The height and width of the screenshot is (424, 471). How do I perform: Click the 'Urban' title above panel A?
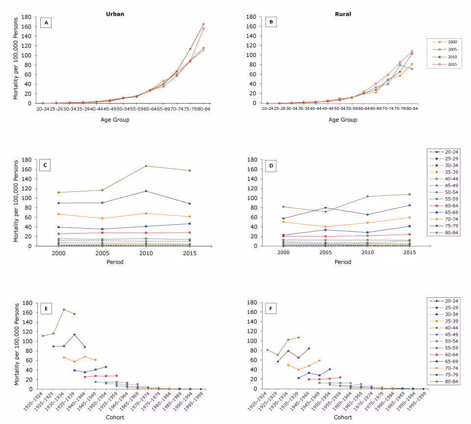[115, 14]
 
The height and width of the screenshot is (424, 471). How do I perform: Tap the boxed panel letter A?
[47, 23]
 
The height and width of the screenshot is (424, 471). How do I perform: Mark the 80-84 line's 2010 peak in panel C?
[146, 166]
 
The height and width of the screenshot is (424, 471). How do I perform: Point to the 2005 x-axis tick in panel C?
[102, 252]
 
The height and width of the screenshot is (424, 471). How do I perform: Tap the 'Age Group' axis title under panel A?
[115, 120]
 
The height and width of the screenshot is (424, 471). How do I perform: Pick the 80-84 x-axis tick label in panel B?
[412, 108]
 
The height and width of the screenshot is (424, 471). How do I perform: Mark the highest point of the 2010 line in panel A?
[203, 24]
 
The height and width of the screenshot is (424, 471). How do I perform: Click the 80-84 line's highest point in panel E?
[64, 309]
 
